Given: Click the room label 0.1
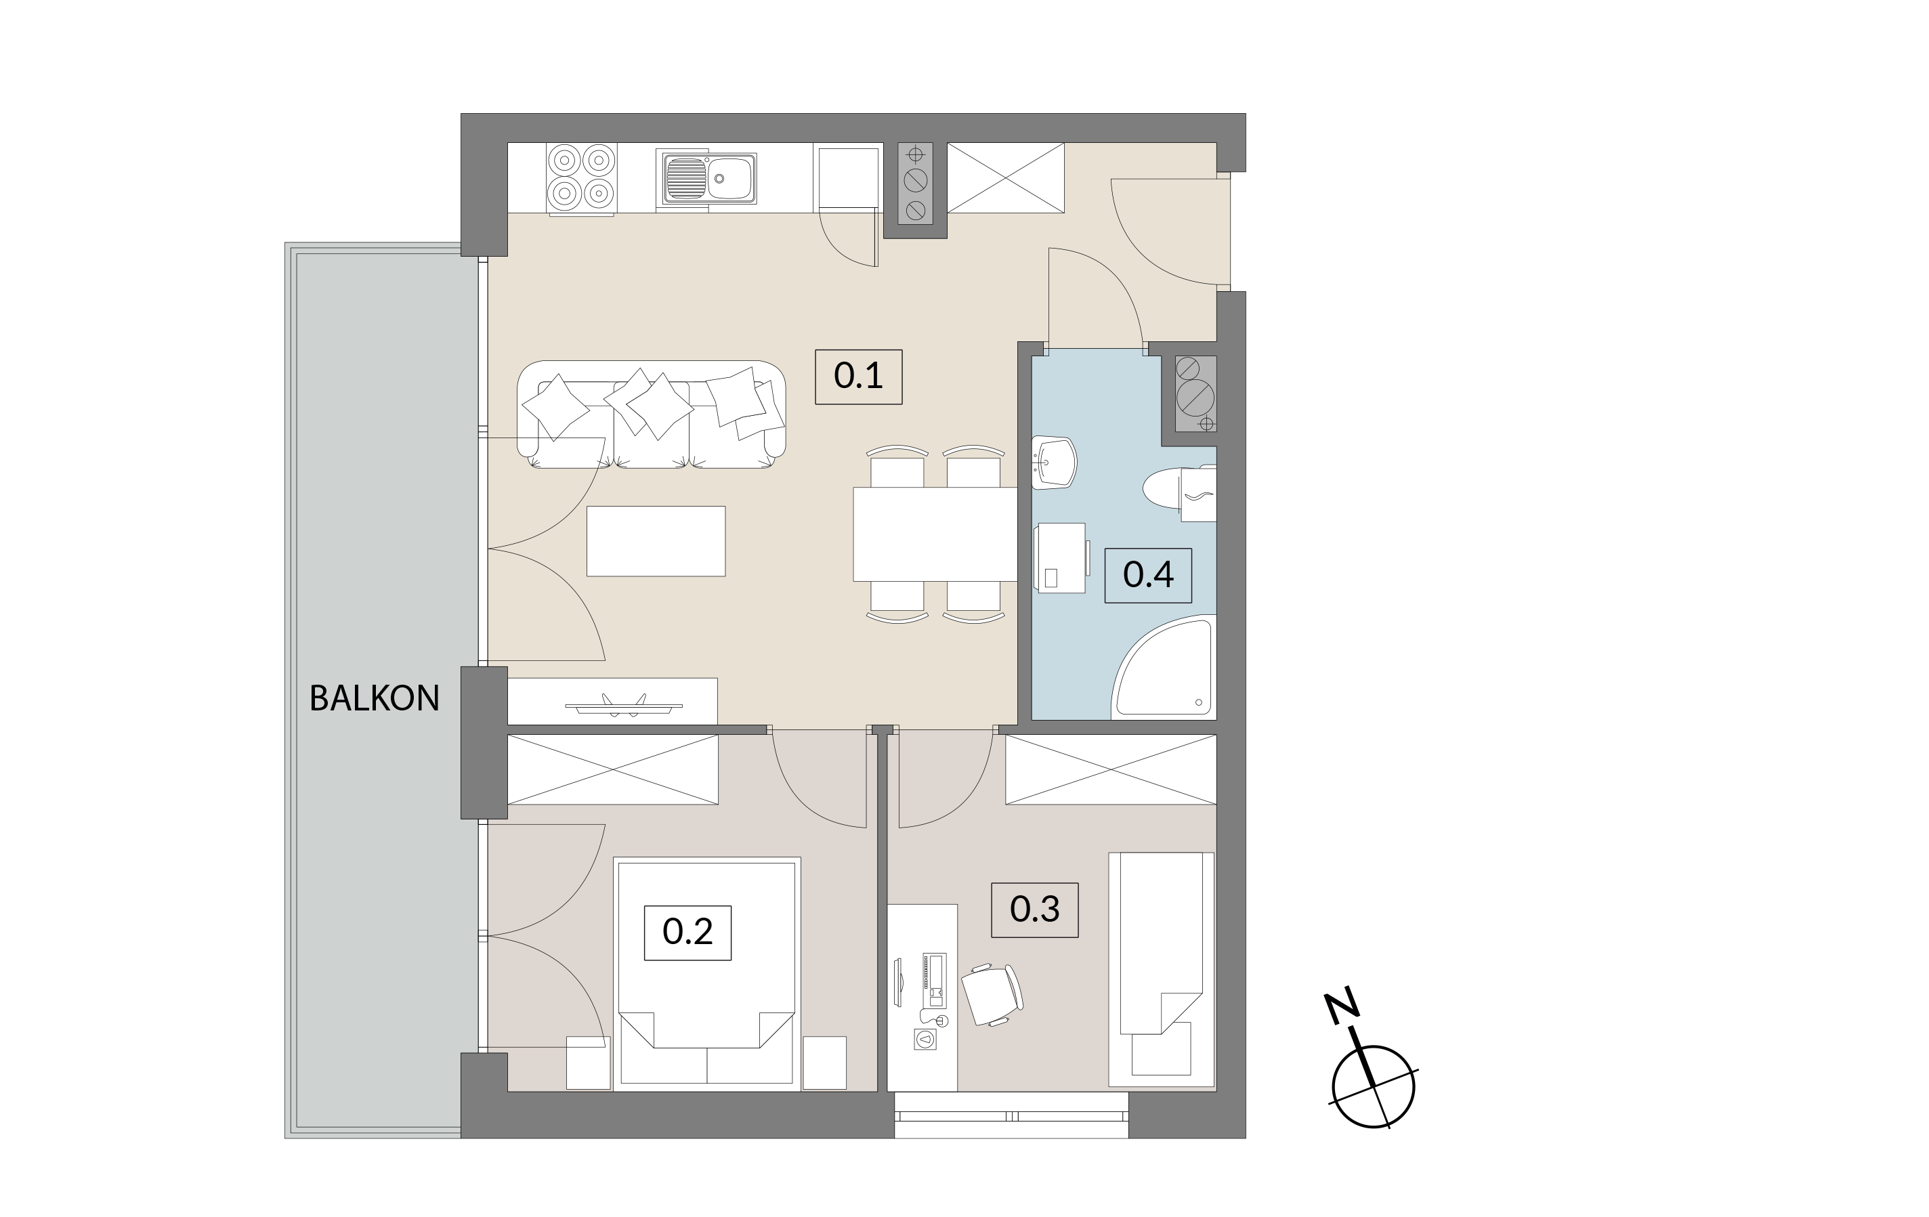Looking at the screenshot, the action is (858, 376).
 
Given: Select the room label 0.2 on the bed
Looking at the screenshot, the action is (687, 932).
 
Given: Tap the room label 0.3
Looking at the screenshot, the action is (1034, 910).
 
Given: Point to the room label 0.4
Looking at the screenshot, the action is (1148, 574).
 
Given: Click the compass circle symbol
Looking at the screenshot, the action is (1373, 1087).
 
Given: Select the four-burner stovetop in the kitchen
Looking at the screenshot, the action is (580, 178).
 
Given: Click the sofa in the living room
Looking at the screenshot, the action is (652, 414).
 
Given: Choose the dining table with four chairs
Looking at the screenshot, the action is (935, 534).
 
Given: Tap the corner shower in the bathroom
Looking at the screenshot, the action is (1163, 666).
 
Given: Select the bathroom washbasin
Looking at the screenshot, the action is (1053, 463).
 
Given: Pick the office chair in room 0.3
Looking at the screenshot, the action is (992, 994).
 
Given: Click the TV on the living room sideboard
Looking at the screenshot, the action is (624, 705).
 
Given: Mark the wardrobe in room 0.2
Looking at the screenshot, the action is (613, 769).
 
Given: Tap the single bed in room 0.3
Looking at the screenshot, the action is (1162, 969).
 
